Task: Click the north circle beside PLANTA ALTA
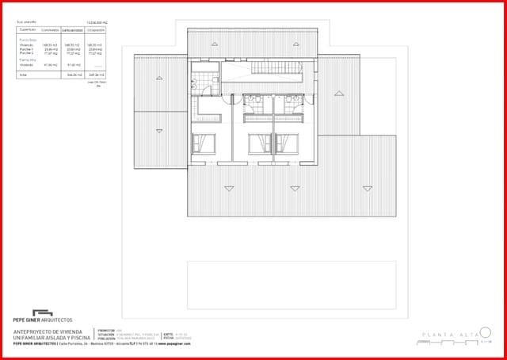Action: click(486, 332)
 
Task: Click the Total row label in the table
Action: click(22, 74)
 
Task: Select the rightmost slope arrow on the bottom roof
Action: click(367, 188)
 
